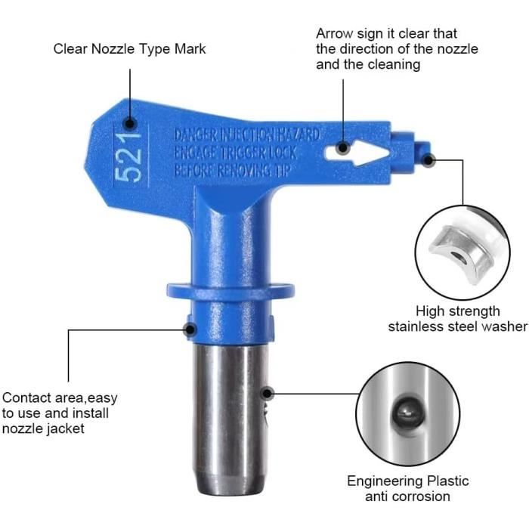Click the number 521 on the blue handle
(x=128, y=156)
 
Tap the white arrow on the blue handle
(x=357, y=153)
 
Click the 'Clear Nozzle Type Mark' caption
(x=129, y=49)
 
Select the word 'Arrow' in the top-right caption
(x=334, y=34)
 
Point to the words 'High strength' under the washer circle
(x=457, y=311)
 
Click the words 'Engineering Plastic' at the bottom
(x=407, y=481)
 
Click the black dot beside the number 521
(x=129, y=123)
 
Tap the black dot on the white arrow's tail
(x=343, y=148)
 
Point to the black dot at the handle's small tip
(x=428, y=160)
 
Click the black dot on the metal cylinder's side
(x=268, y=393)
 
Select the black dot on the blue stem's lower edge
(x=190, y=329)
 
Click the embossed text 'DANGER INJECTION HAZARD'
(x=246, y=135)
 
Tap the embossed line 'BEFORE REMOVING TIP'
(x=232, y=170)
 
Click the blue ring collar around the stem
(x=230, y=291)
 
